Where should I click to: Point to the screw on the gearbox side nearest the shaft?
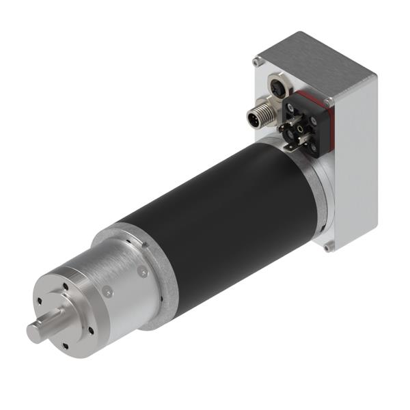tap(107, 292)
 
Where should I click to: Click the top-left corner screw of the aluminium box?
tap(256, 61)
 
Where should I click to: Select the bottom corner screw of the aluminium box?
tap(329, 247)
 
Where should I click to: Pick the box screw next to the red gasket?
tap(329, 102)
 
